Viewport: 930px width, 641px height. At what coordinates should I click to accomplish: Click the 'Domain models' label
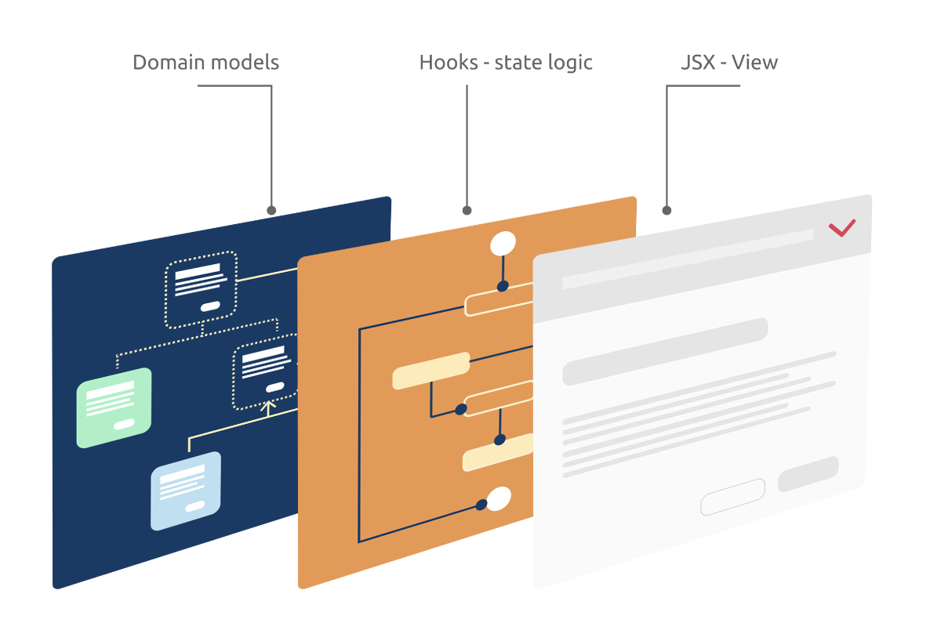pyautogui.click(x=205, y=63)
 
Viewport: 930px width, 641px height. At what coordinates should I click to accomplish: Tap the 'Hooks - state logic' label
pyautogui.click(x=506, y=63)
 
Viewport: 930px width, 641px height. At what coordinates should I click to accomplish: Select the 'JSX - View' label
pyautogui.click(x=728, y=63)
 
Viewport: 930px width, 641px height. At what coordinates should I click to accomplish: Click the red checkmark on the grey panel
pyautogui.click(x=842, y=228)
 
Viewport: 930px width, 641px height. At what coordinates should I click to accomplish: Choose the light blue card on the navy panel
pyautogui.click(x=186, y=491)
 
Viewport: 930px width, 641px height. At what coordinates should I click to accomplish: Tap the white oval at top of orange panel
pyautogui.click(x=503, y=244)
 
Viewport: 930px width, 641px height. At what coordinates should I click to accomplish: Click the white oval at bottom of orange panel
pyautogui.click(x=499, y=498)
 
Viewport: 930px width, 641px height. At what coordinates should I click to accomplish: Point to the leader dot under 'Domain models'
pyautogui.click(x=271, y=210)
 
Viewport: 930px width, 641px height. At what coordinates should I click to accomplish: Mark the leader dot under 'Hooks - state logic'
pyautogui.click(x=467, y=210)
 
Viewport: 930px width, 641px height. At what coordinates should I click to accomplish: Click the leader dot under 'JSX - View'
pyautogui.click(x=667, y=210)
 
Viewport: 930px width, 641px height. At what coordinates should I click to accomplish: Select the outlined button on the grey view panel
pyautogui.click(x=732, y=497)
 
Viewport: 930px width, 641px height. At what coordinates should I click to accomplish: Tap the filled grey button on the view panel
pyautogui.click(x=808, y=474)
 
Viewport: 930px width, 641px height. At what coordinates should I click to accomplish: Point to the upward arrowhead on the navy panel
pyautogui.click(x=268, y=406)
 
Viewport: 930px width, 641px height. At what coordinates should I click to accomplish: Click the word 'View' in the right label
pyautogui.click(x=754, y=63)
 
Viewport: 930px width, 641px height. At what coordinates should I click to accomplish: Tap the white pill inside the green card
pyautogui.click(x=125, y=424)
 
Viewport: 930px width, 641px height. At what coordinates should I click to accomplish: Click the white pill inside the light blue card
pyautogui.click(x=195, y=505)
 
